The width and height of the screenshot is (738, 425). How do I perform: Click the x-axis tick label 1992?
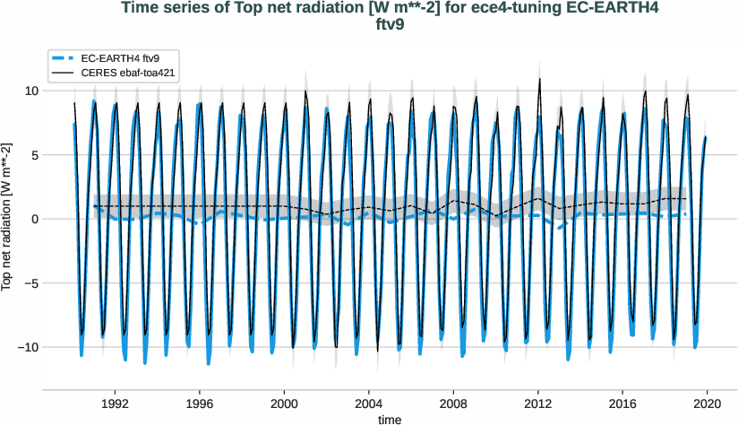tap(116, 403)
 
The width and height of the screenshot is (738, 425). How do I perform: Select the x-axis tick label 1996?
tap(200, 403)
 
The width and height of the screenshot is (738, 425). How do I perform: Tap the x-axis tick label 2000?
tap(285, 403)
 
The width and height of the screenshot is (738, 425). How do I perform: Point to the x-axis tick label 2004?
tap(369, 403)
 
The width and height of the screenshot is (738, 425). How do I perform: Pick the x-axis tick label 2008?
tap(454, 403)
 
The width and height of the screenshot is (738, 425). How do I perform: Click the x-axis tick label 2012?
tap(538, 403)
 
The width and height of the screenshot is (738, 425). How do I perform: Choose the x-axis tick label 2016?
tap(623, 403)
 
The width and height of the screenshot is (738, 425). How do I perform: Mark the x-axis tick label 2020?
tap(708, 403)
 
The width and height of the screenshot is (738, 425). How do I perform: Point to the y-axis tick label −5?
tap(29, 283)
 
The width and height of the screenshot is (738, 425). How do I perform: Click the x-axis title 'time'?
tap(390, 419)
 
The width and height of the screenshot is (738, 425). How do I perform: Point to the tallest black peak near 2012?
tap(539, 79)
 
